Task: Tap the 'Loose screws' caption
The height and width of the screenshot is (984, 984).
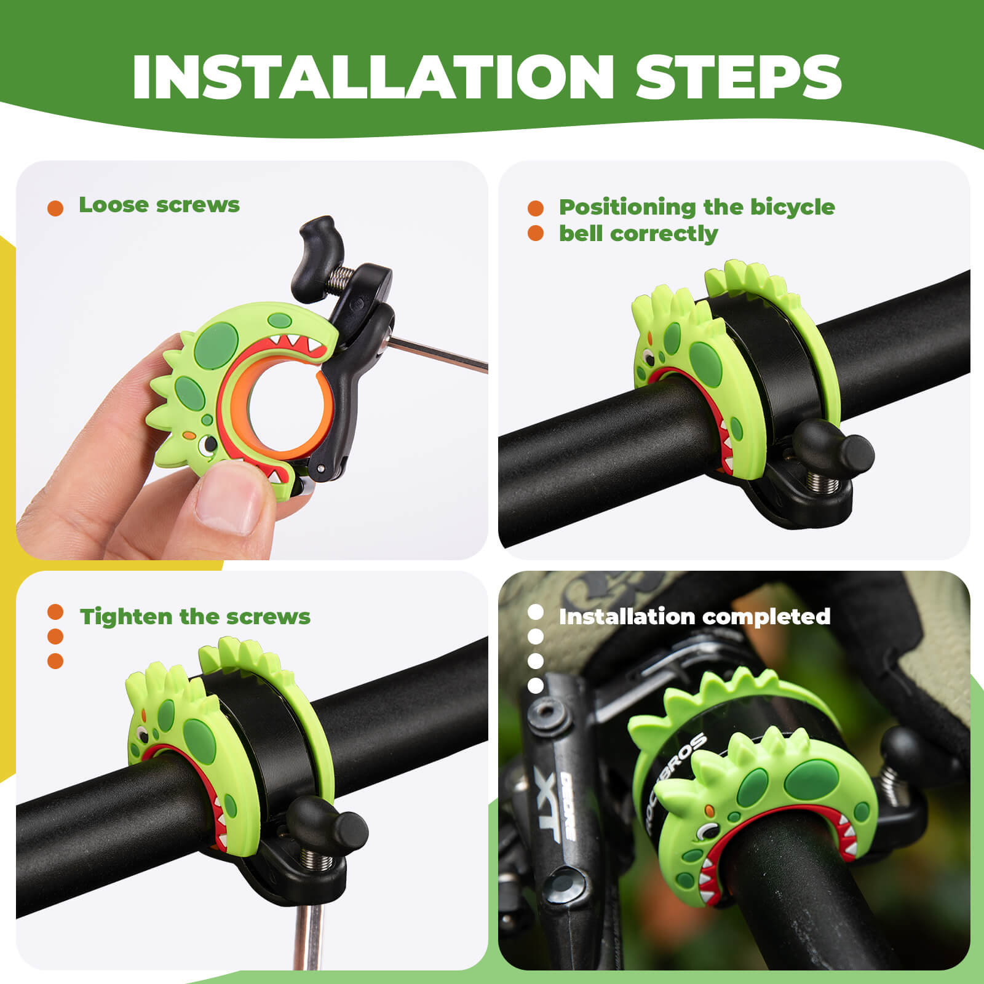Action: click(x=159, y=205)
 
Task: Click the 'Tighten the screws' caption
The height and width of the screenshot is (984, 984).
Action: click(x=195, y=616)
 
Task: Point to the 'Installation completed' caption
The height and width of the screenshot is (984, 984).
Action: click(x=694, y=616)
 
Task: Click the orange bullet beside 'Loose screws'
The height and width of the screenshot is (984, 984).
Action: click(x=55, y=208)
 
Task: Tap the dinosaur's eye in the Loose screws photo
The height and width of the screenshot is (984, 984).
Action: click(x=210, y=443)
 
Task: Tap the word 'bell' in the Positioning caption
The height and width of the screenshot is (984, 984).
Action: click(x=582, y=234)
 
